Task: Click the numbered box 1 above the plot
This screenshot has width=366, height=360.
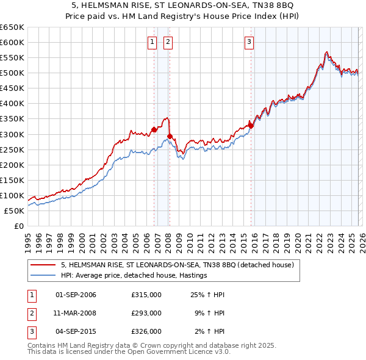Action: click(152, 42)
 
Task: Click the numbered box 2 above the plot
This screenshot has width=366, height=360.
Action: click(168, 42)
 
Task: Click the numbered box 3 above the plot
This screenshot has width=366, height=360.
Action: click(249, 42)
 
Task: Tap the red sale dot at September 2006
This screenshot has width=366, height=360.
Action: click(154, 129)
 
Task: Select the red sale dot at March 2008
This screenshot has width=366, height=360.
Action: click(170, 136)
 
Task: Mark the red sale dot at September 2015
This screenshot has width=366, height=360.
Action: click(251, 126)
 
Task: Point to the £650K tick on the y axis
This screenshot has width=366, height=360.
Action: click(12, 27)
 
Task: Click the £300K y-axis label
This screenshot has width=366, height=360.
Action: click(12, 134)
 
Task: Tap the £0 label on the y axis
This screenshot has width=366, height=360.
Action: click(18, 226)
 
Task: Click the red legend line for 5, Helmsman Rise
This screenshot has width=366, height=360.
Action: click(44, 265)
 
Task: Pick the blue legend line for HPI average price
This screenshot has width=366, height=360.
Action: click(44, 275)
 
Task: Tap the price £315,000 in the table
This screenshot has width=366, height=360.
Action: click(146, 295)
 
